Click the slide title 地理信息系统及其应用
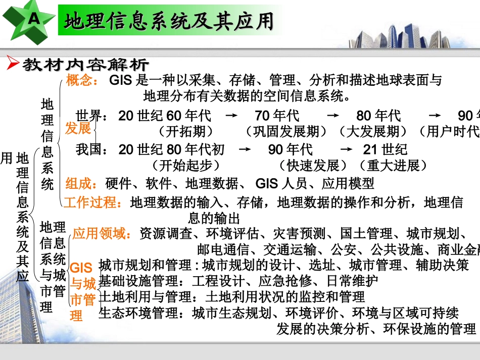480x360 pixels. [x=169, y=22]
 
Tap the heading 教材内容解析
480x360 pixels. [x=86, y=65]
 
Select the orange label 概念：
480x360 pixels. [x=82, y=80]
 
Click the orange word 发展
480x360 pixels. [x=78, y=128]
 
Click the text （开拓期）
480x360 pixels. [x=182, y=132]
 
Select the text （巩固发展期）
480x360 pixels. [x=286, y=132]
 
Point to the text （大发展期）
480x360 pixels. [x=374, y=132]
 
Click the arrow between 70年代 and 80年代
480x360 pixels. [x=333, y=116]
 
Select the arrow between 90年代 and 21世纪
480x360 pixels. [x=346, y=149]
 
